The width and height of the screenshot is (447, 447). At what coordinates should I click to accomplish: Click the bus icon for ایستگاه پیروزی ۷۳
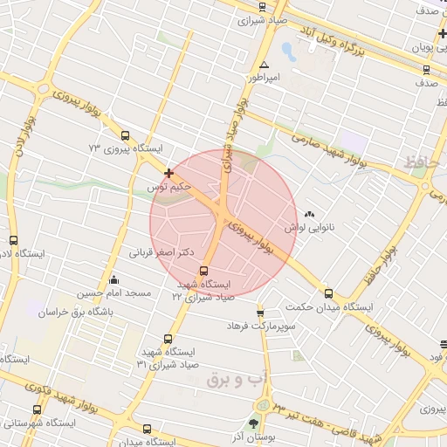click(126, 136)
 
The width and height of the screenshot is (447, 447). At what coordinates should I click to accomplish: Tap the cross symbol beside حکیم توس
click(168, 173)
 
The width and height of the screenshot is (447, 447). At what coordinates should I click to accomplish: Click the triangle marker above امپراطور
click(264, 65)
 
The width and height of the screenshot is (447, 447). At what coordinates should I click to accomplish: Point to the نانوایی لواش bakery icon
click(310, 214)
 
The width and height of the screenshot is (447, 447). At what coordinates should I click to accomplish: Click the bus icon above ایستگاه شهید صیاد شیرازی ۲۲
click(204, 271)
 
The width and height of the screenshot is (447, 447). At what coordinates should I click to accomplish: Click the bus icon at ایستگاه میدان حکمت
click(328, 293)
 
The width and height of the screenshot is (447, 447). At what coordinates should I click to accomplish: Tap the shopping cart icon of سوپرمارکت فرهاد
click(259, 313)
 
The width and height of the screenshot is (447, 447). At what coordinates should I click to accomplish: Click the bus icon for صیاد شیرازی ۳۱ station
click(168, 339)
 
